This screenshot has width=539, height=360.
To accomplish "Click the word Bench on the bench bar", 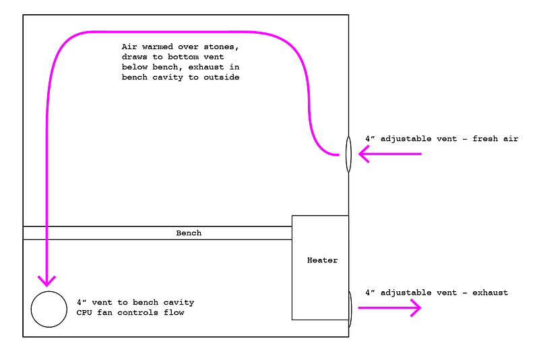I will click(x=189, y=233).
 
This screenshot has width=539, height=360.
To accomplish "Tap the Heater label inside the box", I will click(x=322, y=260).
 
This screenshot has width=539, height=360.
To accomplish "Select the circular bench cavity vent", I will click(x=49, y=309).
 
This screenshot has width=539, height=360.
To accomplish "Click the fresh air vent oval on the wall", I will click(x=348, y=154).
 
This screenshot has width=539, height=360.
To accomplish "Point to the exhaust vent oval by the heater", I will click(x=349, y=309).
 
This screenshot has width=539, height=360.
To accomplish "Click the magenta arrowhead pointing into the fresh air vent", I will click(x=364, y=154).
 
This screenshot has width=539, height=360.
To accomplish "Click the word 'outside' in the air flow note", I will click(x=222, y=78).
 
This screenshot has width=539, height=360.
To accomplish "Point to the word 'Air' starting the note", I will click(x=129, y=47).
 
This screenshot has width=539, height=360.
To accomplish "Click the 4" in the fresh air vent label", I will click(x=370, y=139).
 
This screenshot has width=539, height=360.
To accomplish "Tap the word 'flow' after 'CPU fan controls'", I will click(x=173, y=313).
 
